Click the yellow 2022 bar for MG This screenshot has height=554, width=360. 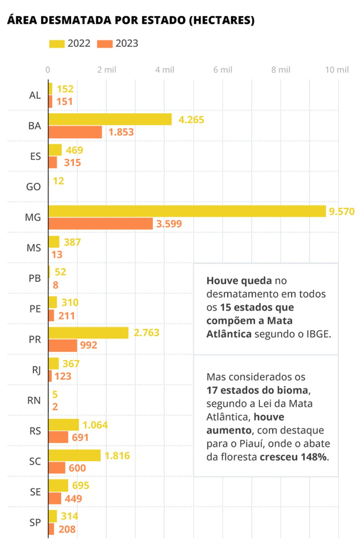click(187, 211)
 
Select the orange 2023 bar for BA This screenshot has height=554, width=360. click(75, 132)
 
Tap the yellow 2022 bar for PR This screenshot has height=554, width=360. click(89, 333)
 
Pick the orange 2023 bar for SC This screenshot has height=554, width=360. click(57, 468)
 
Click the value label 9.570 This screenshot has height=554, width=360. click(342, 212)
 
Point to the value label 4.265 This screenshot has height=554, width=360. click(191, 120)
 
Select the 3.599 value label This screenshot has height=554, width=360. click(169, 224)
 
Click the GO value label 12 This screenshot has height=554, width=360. click(58, 181)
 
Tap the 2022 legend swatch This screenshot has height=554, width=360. click(57, 44)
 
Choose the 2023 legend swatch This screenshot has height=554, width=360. click(105, 44)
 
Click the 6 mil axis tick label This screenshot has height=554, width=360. click(223, 70)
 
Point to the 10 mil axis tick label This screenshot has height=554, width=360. click(337, 70)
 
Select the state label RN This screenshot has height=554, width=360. click(34, 400)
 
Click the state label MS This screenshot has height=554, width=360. click(34, 248)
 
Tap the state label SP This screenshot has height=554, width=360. click(35, 522)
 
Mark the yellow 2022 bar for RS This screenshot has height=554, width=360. click(64, 425)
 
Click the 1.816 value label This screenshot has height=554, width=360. click(117, 456)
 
